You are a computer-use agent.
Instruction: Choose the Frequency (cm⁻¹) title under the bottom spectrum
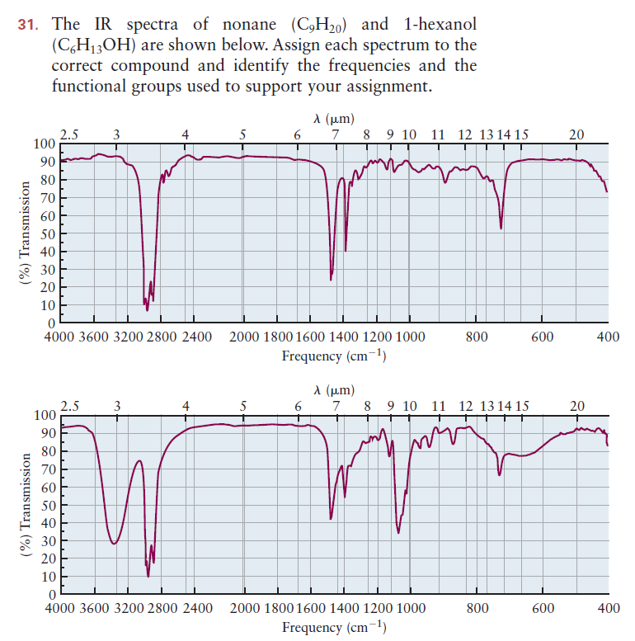click(x=334, y=627)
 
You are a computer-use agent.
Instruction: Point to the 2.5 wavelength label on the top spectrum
click(x=71, y=134)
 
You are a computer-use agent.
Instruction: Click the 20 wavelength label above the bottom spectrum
click(x=576, y=405)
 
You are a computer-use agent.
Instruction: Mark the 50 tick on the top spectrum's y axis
click(x=46, y=233)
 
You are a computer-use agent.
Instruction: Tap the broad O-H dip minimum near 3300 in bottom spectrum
click(x=114, y=544)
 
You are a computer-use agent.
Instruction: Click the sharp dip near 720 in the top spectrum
click(x=501, y=228)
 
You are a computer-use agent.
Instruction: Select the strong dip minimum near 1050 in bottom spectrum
click(x=398, y=532)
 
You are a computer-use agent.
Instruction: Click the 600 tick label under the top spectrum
click(x=542, y=337)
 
